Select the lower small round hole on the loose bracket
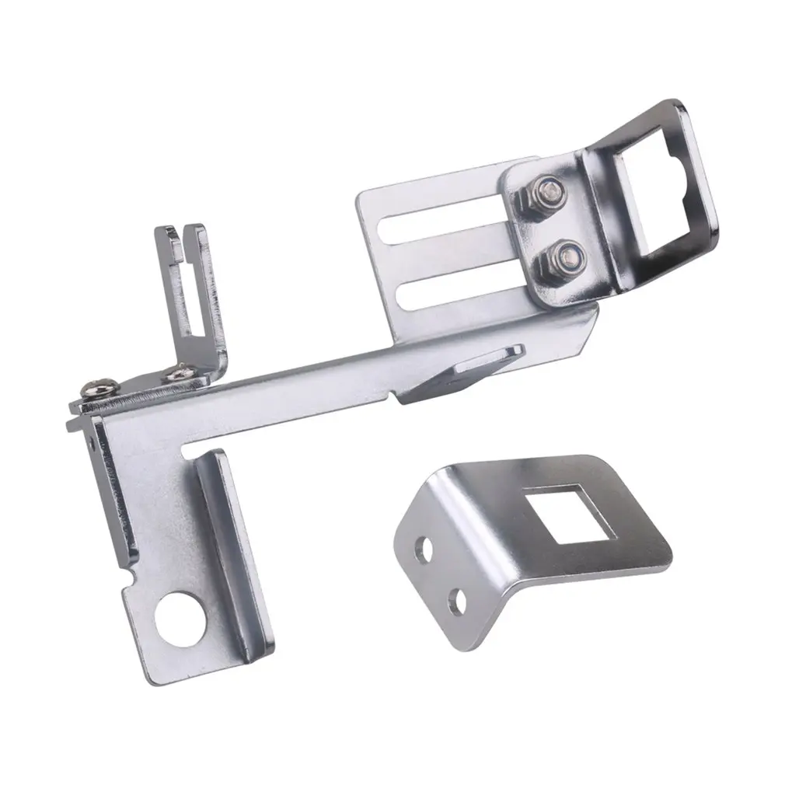[x=459, y=600]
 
